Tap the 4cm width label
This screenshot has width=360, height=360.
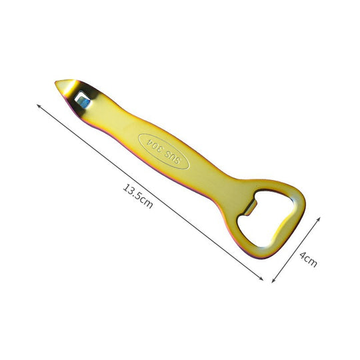pyautogui.click(x=309, y=257)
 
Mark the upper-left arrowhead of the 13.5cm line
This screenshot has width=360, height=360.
pyautogui.click(x=37, y=105)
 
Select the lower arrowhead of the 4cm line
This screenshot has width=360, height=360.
pyautogui.click(x=275, y=283)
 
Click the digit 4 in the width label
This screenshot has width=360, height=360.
pyautogui.click(x=304, y=252)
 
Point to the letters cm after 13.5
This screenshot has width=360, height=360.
pyautogui.click(x=147, y=203)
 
